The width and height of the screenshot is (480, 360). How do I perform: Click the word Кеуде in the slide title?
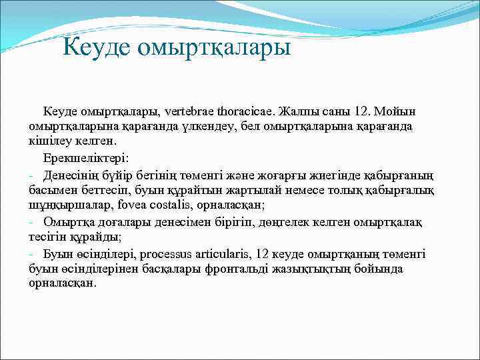(x=99, y=48)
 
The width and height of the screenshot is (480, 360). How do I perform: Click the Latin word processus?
(x=169, y=255)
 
